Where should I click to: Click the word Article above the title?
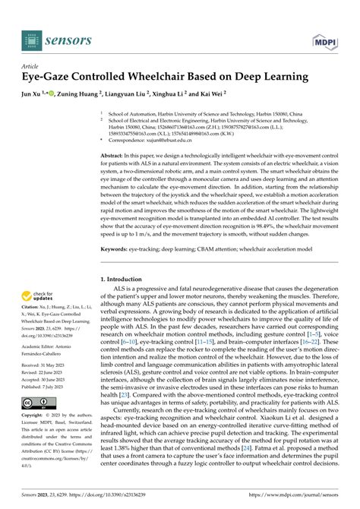(34, 66)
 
